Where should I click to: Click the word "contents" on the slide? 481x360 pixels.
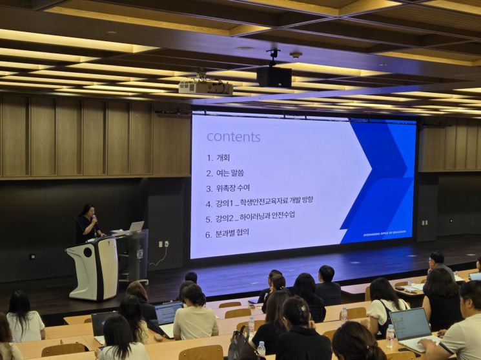[x=233, y=137]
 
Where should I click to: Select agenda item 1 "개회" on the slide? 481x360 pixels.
[x=218, y=157]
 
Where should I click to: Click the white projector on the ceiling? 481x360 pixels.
[x=205, y=88]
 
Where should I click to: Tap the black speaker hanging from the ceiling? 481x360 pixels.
[x=274, y=77]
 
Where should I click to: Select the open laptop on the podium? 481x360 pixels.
[x=136, y=226]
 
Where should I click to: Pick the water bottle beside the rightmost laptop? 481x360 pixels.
[x=390, y=336]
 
